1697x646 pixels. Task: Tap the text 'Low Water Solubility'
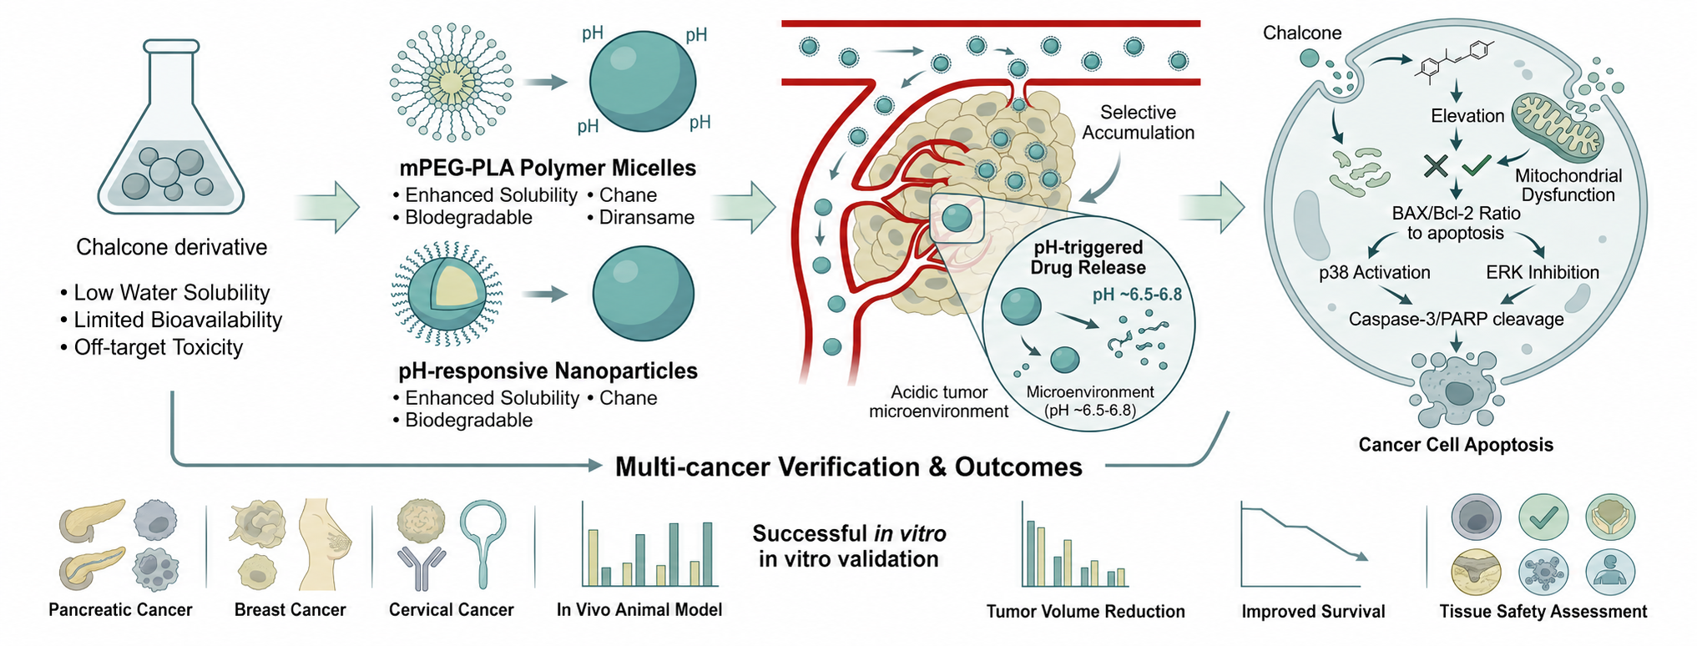172,293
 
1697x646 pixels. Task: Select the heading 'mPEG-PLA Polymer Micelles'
548,168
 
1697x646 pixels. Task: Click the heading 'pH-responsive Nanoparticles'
548,371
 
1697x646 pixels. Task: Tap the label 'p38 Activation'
1374,272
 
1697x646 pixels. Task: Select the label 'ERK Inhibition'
1543,272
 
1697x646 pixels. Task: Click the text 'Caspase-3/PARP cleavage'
1456,319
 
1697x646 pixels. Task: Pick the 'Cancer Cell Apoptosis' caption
1456,445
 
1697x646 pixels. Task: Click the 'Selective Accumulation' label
1138,123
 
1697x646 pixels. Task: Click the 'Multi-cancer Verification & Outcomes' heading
848,467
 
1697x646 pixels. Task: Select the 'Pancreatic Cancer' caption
120,610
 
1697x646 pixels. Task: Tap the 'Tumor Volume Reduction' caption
1085,612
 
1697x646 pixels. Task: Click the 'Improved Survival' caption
1313,612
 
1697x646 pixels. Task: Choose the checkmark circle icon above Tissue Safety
1543,517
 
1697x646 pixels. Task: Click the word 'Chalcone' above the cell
1302,33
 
